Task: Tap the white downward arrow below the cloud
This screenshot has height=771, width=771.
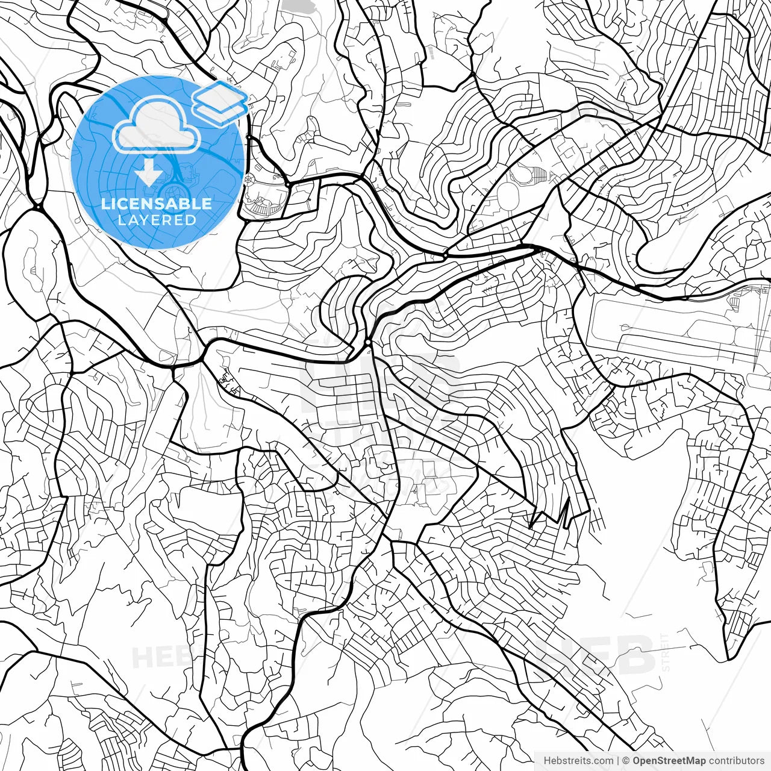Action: coord(147,172)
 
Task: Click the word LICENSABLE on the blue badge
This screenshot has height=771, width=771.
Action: coord(157,204)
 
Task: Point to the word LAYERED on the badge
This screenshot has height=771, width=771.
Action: coord(157,220)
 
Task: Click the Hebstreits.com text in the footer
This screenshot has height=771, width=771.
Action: coord(578,761)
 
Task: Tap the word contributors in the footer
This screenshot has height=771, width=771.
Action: coord(740,761)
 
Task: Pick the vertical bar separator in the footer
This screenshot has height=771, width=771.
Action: coord(618,761)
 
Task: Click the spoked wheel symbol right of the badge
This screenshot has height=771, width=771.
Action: coord(249,178)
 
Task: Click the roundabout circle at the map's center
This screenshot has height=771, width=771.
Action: coord(367,342)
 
